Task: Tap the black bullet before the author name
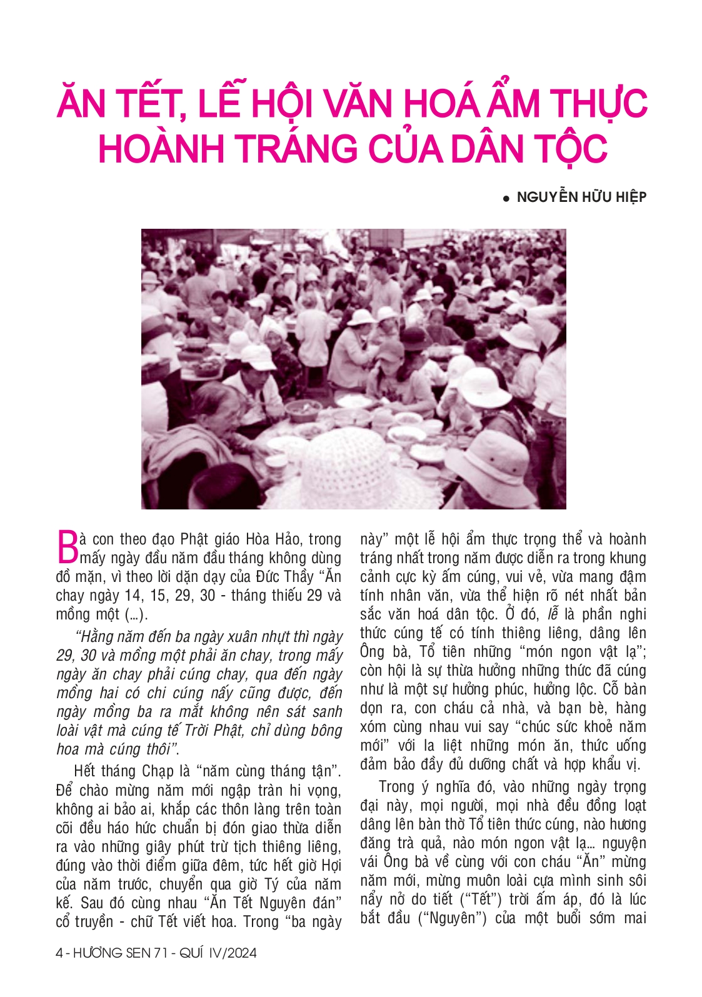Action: pyautogui.click(x=507, y=199)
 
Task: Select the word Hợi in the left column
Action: pyautogui.click(x=331, y=865)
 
